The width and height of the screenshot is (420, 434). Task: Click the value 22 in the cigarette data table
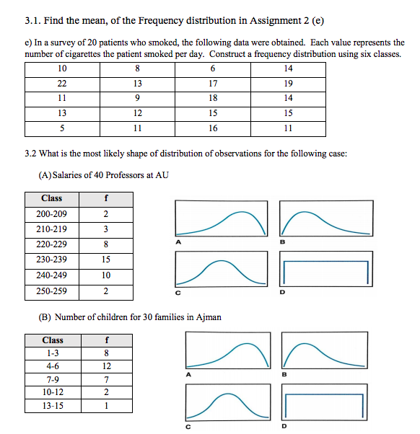[x=61, y=83]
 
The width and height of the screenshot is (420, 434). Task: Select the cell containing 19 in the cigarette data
[x=289, y=83]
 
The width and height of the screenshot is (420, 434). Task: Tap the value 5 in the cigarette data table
[x=61, y=128]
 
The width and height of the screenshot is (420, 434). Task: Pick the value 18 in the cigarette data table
[x=212, y=98]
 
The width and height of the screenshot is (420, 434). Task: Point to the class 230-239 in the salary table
[x=51, y=260]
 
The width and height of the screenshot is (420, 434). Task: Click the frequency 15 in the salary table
[x=106, y=260]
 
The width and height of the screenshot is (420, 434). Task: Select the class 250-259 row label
[x=51, y=291]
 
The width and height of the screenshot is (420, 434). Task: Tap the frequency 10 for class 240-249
[x=106, y=275]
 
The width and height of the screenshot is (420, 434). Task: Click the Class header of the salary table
[x=51, y=198]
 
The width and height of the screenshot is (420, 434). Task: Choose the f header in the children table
[x=106, y=340]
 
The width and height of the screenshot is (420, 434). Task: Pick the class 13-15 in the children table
[x=52, y=405]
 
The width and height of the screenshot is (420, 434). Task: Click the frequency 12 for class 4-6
[x=106, y=366]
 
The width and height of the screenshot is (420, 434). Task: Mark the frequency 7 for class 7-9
[x=106, y=379]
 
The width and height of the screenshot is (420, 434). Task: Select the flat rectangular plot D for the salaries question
[x=326, y=272]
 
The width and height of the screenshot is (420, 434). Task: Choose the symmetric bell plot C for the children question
[x=226, y=403]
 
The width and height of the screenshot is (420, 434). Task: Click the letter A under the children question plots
[x=188, y=375]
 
